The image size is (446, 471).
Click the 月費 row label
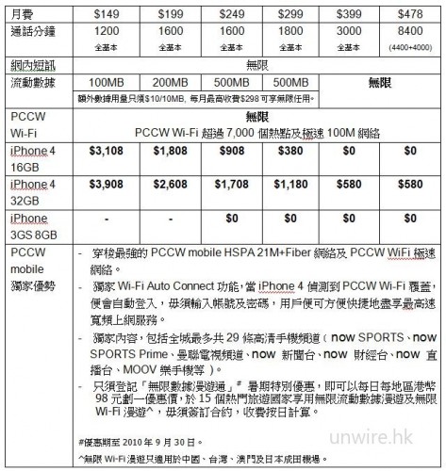[20, 12]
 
